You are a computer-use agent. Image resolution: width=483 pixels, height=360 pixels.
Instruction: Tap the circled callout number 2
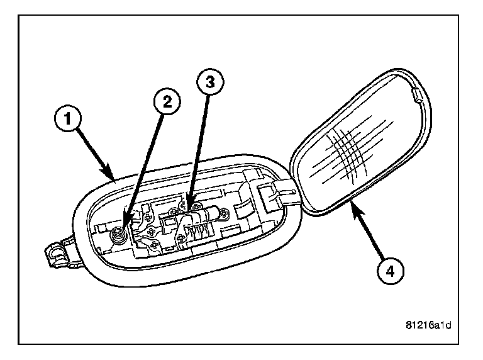[x=165, y=104]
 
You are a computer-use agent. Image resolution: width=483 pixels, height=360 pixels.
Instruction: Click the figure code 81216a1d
[x=430, y=325]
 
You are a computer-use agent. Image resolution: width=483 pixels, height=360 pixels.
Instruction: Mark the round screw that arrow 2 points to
[x=116, y=236]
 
